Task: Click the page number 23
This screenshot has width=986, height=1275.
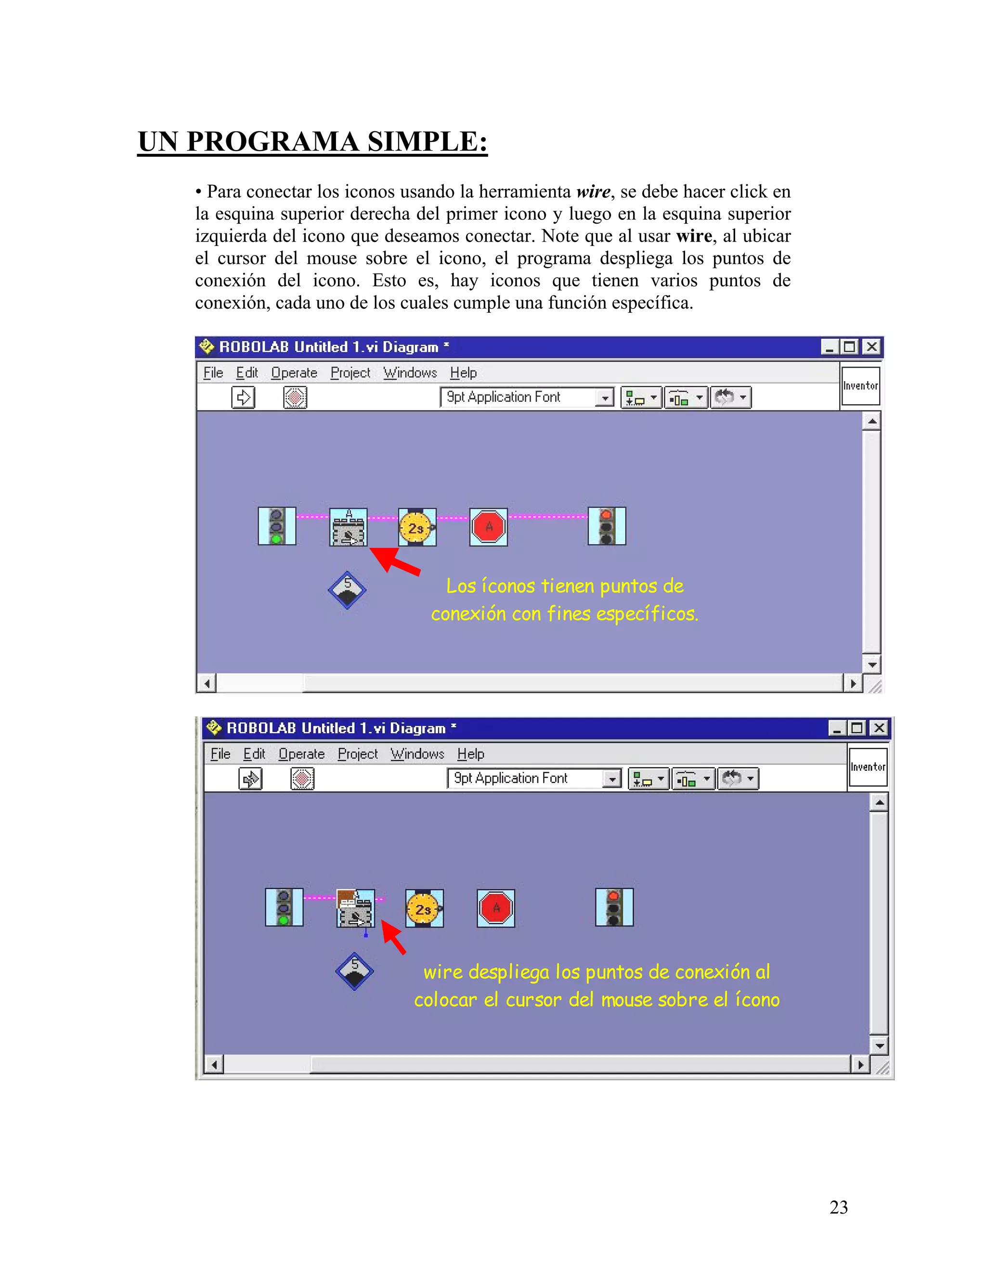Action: point(838,1207)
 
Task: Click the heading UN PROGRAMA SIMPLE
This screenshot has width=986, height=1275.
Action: point(312,142)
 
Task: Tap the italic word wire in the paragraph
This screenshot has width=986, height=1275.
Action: point(593,191)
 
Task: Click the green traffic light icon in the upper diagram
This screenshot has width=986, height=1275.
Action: point(277,526)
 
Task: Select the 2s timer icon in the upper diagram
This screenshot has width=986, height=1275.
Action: point(417,527)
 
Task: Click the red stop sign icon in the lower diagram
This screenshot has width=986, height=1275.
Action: point(496,908)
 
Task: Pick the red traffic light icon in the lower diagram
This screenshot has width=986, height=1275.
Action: point(614,907)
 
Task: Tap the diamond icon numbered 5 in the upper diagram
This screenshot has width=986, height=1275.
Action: point(347,590)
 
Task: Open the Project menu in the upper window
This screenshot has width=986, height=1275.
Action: point(350,373)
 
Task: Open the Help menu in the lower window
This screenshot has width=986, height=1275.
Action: point(471,754)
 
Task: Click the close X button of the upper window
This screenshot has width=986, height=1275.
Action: point(871,347)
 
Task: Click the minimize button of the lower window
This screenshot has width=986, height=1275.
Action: point(837,728)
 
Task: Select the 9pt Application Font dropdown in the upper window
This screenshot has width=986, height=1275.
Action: point(526,397)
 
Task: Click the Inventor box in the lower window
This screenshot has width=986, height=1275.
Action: point(868,767)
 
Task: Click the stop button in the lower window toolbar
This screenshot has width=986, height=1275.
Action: point(302,779)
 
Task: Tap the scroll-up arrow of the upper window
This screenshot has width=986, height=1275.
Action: point(871,421)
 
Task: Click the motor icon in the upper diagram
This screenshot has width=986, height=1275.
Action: point(349,527)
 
